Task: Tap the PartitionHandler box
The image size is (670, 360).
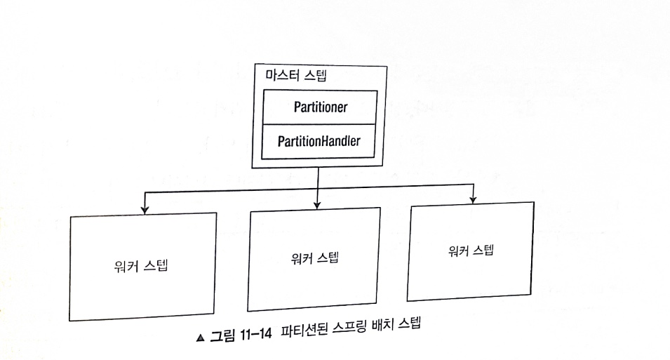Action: click(x=319, y=141)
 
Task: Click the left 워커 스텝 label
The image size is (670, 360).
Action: click(x=139, y=267)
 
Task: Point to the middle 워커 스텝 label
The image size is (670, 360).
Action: click(x=314, y=257)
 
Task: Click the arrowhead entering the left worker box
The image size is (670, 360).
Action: click(x=144, y=208)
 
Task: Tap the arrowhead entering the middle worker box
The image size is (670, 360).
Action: click(x=318, y=204)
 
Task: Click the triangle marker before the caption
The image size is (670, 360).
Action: click(x=201, y=338)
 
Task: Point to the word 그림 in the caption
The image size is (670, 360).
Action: click(x=222, y=335)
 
